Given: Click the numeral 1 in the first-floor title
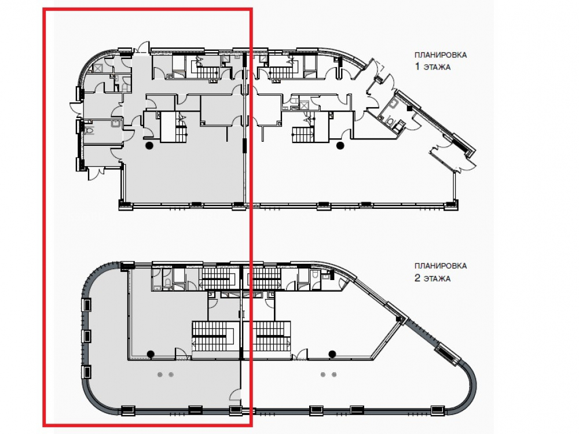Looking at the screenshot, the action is (417, 67).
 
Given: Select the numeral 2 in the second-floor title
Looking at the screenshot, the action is (417, 278).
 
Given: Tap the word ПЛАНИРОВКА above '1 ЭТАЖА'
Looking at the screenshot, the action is (441, 55).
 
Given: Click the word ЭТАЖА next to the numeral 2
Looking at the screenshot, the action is (437, 278).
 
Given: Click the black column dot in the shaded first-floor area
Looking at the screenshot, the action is (149, 145).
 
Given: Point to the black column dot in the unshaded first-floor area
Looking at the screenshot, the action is (340, 145).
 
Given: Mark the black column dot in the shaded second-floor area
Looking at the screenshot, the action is (151, 354).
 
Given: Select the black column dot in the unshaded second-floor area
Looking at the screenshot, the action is (332, 354).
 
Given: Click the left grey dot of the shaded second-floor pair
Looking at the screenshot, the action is (160, 374).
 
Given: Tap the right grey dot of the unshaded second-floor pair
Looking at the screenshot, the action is (334, 374).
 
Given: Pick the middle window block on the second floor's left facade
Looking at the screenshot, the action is (86, 336).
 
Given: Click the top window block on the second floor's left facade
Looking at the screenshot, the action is (86, 305).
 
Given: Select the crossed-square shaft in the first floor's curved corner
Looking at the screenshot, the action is (98, 68).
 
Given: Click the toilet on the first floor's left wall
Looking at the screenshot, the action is (89, 130).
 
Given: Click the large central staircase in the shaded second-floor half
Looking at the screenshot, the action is (215, 336).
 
